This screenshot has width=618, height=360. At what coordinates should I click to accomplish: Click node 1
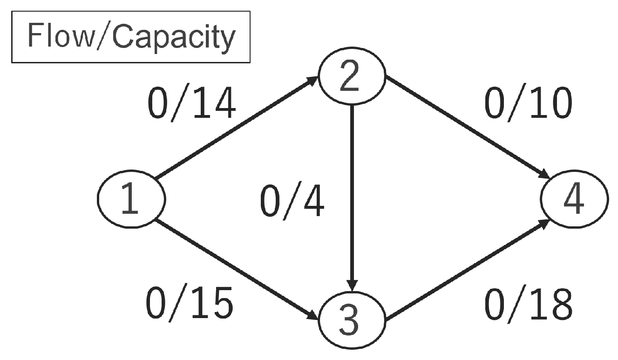pos(131,198)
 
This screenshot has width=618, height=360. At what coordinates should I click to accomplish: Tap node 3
pos(352,320)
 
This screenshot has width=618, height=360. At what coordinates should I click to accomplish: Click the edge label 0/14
pos(191,105)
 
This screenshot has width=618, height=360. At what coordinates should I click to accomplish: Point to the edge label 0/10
pos(528,105)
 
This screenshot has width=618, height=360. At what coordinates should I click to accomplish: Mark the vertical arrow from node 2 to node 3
pos(353,196)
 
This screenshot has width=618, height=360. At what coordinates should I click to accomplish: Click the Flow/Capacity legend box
pos(131,37)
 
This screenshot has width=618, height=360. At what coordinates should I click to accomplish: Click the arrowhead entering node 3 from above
pos(353,285)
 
